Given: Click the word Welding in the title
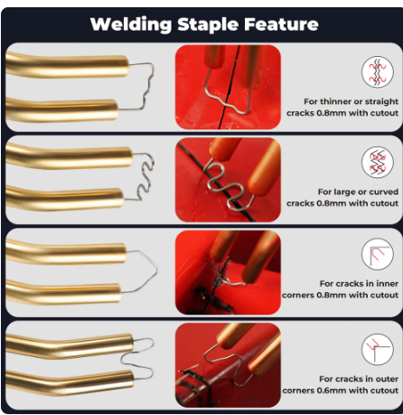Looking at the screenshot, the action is tap(131, 24).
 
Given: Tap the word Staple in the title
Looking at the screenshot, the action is tap(208, 25).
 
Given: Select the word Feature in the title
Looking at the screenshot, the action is tap(281, 24).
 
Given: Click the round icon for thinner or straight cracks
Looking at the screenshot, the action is tap(378, 71).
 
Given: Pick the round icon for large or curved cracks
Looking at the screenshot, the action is tap(378, 162).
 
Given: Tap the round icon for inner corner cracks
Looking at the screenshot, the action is tap(378, 254).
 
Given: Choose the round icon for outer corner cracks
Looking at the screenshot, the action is tap(378, 349).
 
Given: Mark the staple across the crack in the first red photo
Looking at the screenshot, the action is tap(223, 101).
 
